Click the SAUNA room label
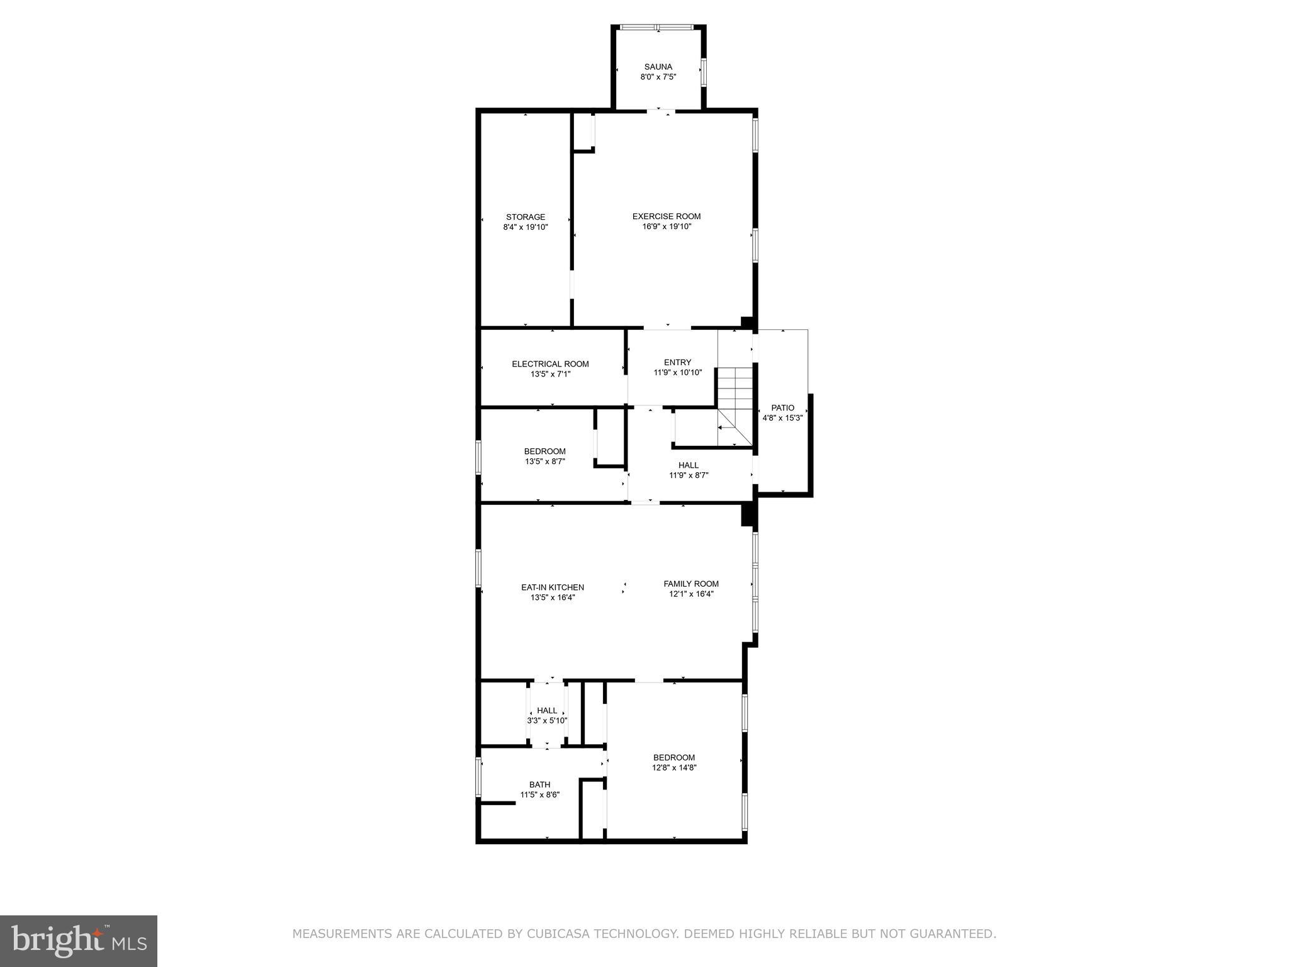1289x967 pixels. click(658, 67)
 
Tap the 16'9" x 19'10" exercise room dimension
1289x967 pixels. click(667, 227)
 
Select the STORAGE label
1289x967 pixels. click(526, 217)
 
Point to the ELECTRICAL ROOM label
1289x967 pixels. click(550, 364)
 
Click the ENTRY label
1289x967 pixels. click(677, 362)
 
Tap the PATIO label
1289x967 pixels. click(782, 408)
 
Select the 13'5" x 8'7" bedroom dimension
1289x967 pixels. click(545, 461)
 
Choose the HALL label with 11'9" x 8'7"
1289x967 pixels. click(689, 465)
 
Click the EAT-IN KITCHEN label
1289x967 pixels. click(552, 587)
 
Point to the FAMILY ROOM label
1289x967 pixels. click(690, 584)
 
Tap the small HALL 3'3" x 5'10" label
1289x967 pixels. click(547, 711)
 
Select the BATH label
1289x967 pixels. click(539, 784)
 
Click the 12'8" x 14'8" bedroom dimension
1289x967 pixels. click(674, 767)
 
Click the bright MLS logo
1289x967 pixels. click(79, 941)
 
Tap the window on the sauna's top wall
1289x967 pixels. click(656, 27)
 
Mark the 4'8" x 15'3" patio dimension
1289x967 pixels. click(782, 418)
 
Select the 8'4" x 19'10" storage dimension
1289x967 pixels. click(526, 227)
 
